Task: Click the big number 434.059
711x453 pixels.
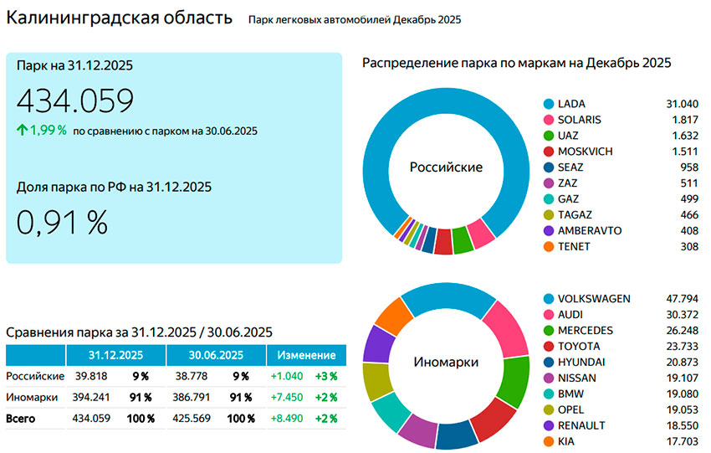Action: [75, 101]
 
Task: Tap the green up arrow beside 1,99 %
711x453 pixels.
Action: [22, 130]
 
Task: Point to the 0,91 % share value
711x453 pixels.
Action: [62, 221]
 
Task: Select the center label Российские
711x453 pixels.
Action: [446, 167]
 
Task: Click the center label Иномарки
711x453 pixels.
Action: [446, 363]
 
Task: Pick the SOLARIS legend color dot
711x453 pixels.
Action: [549, 120]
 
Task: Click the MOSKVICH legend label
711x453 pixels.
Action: [585, 152]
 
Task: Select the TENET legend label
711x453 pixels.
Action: [574, 247]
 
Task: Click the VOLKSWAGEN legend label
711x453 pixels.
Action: [594, 299]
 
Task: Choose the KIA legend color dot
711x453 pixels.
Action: [549, 442]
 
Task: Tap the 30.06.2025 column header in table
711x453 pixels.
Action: [216, 355]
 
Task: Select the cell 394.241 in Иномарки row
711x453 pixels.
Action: [93, 397]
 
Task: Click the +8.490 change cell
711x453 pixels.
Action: [287, 418]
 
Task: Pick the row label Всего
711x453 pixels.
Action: [23, 418]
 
